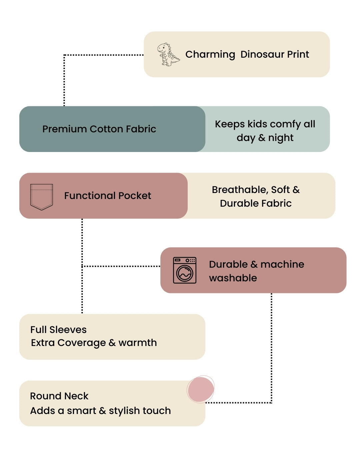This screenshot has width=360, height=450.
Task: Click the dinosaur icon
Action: coord(168,54)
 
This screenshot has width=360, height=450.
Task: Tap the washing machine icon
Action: coord(185,270)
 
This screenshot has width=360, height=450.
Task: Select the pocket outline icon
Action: coord(42,197)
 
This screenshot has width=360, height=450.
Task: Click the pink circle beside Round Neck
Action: coord(200,389)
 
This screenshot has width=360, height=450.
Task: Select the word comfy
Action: coord(285,124)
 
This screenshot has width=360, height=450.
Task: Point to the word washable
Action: coord(233,278)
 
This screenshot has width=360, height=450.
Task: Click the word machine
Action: coord(282,264)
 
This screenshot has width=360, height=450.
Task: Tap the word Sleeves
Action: coord(68,330)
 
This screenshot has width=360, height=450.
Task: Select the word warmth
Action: coord(138,343)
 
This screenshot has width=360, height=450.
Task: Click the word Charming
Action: coord(210,54)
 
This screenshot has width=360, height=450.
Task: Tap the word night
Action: coord(281,138)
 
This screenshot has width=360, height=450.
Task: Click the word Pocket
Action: coord(135,196)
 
